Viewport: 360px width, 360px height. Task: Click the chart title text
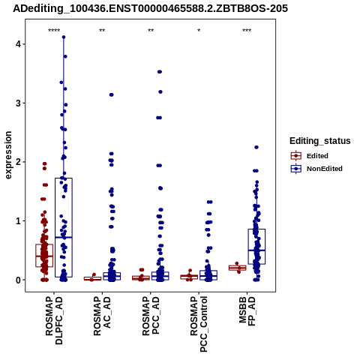150,9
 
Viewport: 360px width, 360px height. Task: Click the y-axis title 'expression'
8,155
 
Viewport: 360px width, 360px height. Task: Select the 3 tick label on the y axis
18,103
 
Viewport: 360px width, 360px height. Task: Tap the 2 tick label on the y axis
18,162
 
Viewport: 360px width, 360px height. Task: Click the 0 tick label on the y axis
18,280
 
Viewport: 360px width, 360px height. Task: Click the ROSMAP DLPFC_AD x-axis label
54,320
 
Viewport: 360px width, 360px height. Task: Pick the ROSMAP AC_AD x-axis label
102,316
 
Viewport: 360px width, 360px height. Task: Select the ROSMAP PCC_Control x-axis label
199,324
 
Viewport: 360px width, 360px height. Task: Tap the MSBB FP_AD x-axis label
247,311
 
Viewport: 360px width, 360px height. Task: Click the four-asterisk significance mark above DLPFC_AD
54,31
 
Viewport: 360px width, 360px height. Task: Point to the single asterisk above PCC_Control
199,31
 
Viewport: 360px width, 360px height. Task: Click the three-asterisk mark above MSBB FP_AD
247,31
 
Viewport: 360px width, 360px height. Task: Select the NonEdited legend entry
316,169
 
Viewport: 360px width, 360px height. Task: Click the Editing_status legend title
320,141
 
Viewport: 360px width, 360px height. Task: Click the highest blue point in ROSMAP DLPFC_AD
64,37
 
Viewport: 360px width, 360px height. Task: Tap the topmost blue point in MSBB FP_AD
256,147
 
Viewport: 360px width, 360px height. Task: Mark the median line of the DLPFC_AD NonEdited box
64,237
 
